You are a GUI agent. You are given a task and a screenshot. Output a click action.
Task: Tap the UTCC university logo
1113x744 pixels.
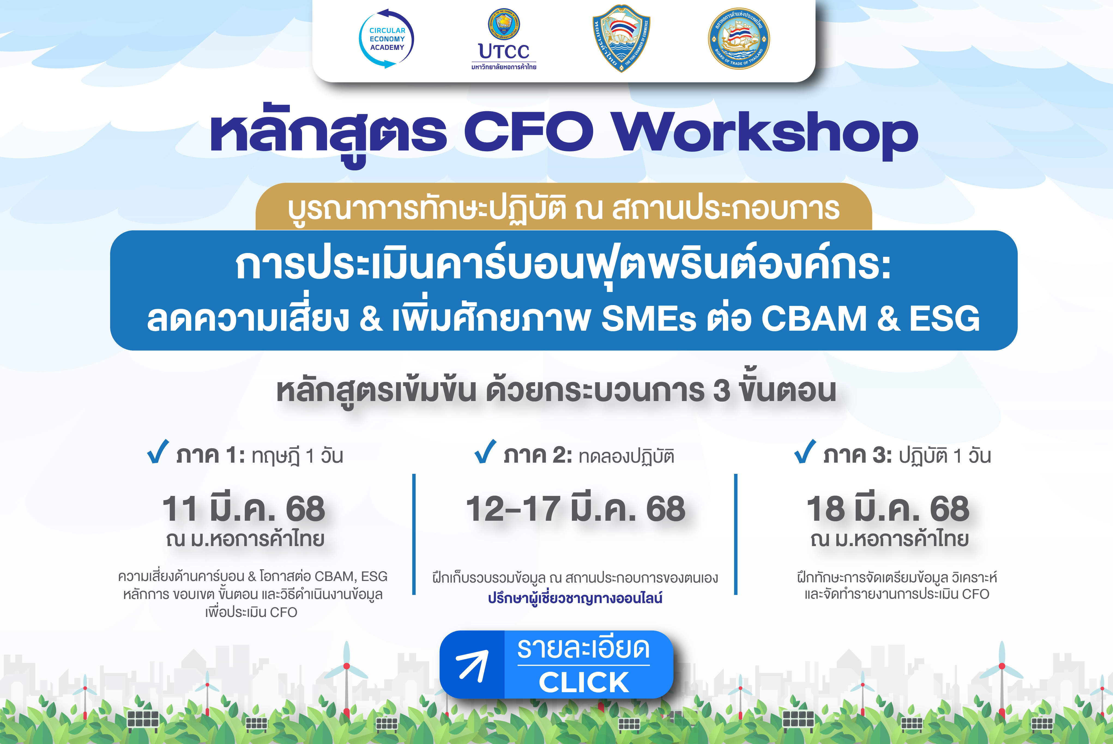(x=504, y=39)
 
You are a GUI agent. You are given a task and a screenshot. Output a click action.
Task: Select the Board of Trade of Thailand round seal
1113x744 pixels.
(x=739, y=38)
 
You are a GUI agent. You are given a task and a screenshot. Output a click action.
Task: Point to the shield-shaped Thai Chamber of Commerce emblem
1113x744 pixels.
(x=621, y=38)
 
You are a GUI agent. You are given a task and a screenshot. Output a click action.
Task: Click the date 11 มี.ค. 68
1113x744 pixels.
(x=243, y=508)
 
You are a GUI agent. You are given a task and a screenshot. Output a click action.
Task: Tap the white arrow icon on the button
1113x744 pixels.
(x=472, y=665)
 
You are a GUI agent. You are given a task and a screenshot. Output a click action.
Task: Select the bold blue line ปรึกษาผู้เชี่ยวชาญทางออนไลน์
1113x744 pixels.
(x=575, y=598)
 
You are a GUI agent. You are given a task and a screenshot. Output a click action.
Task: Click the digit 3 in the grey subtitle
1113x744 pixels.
(x=721, y=390)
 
